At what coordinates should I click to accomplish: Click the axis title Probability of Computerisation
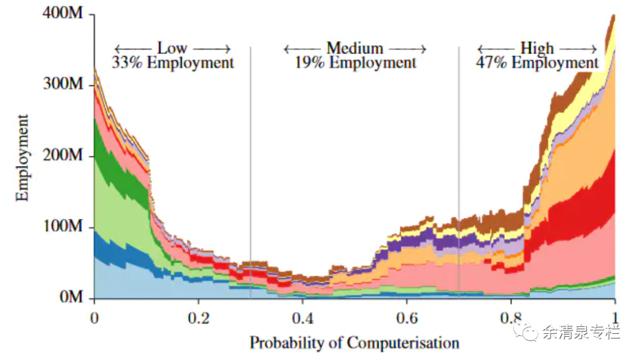pyautogui.click(x=354, y=343)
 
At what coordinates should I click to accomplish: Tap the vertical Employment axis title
pyautogui.click(x=23, y=157)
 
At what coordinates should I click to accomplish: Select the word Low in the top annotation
pyautogui.click(x=172, y=48)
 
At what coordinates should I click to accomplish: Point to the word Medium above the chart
pyautogui.click(x=355, y=48)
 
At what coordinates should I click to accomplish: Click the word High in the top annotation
pyautogui.click(x=537, y=48)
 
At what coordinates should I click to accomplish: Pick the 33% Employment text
pyautogui.click(x=173, y=62)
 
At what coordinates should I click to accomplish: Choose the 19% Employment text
pyautogui.click(x=356, y=62)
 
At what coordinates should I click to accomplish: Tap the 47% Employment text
pyautogui.click(x=537, y=62)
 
